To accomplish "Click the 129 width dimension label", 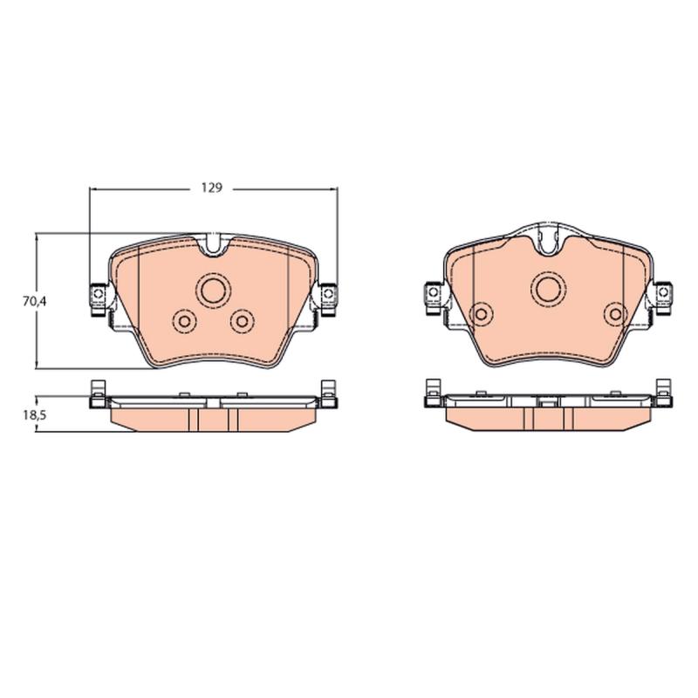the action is coord(211,188).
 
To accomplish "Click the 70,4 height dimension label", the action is coord(35,301).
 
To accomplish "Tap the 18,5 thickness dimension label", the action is coord(35,415).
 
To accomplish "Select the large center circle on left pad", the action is coord(213,290).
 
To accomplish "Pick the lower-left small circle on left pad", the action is coord(184,321).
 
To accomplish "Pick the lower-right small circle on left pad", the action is coord(243,321).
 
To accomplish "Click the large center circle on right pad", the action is coord(548,289).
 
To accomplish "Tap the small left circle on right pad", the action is coord(482,314).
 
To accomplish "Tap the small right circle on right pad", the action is coord(616,314).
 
